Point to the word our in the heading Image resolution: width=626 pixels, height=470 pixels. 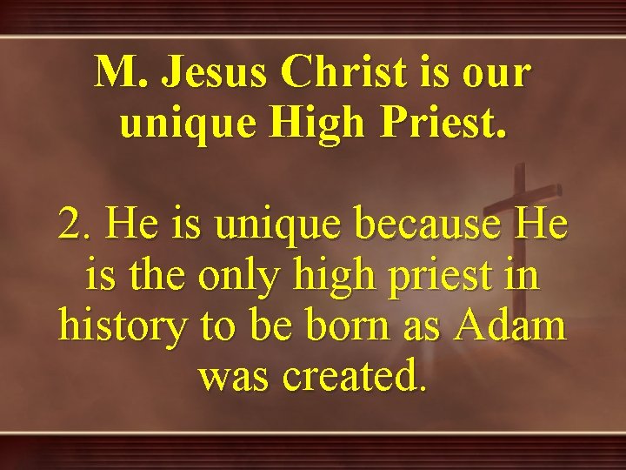coord(494,73)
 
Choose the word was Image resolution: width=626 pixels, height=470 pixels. coord(234,377)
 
